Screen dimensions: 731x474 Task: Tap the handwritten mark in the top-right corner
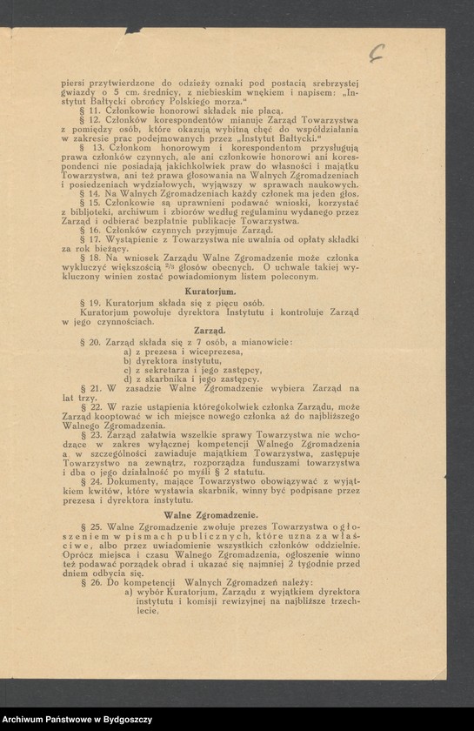tap(376, 54)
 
